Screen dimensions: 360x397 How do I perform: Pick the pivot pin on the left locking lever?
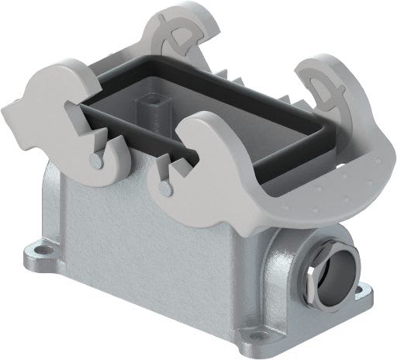[94, 160]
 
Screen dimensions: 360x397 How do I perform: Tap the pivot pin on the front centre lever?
[162, 188]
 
